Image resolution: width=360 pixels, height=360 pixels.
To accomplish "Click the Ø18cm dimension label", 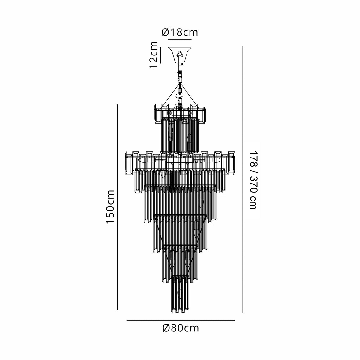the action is (180, 32).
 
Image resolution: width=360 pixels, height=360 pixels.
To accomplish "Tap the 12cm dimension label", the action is (154, 55).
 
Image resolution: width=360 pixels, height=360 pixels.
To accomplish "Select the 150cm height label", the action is (110, 207).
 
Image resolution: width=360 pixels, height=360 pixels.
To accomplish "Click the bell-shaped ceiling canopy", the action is (180, 55).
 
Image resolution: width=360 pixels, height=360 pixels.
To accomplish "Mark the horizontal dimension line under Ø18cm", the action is (180, 40).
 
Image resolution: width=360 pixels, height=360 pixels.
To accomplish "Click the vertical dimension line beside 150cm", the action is (117, 207).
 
